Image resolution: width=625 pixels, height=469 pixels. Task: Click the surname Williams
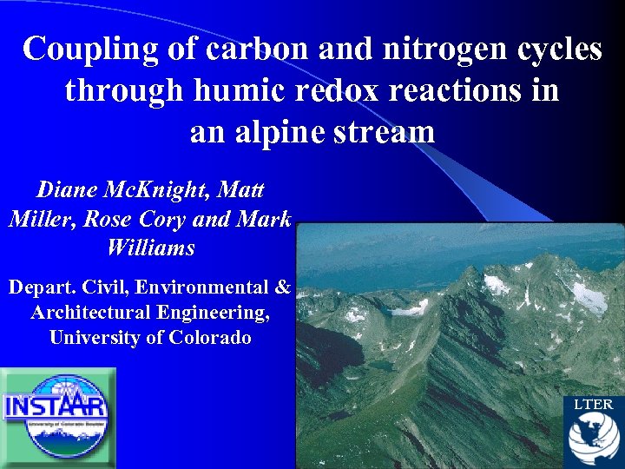(151, 248)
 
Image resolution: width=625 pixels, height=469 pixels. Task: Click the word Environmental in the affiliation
(212, 287)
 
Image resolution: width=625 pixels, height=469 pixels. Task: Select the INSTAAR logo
(56, 416)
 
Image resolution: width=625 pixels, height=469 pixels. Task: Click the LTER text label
(593, 405)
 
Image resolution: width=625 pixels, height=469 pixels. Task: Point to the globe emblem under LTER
(593, 439)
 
